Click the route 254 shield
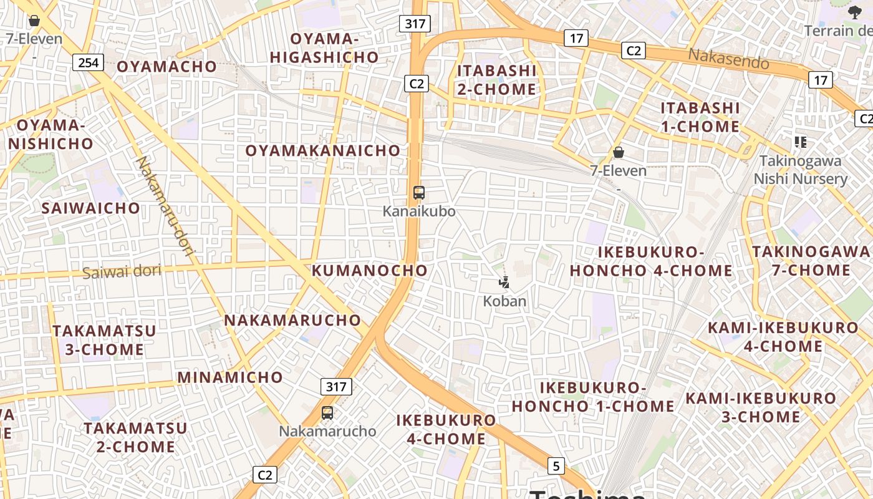pyautogui.click(x=88, y=62)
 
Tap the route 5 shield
pyautogui.click(x=556, y=465)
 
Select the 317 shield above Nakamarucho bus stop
pyautogui.click(x=336, y=387)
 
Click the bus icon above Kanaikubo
pyautogui.click(x=419, y=193)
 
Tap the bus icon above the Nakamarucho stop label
pyautogui.click(x=327, y=412)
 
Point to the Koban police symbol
pyautogui.click(x=504, y=283)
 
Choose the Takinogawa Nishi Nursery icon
pyautogui.click(x=801, y=142)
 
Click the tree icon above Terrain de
pyautogui.click(x=854, y=12)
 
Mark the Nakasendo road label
pyautogui.click(x=728, y=59)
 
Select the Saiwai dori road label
pyautogui.click(x=122, y=272)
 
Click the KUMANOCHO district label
pyautogui.click(x=370, y=271)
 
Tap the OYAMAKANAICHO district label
pyautogui.click(x=322, y=151)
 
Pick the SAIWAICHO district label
pyautogui.click(x=91, y=208)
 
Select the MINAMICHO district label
pyautogui.click(x=230, y=377)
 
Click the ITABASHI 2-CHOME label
pyautogui.click(x=497, y=80)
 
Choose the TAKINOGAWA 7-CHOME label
pyautogui.click(x=811, y=261)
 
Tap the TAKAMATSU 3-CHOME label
pyautogui.click(x=104, y=340)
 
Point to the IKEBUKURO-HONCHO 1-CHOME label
pyautogui.click(x=593, y=397)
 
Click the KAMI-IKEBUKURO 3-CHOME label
pyautogui.click(x=761, y=407)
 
